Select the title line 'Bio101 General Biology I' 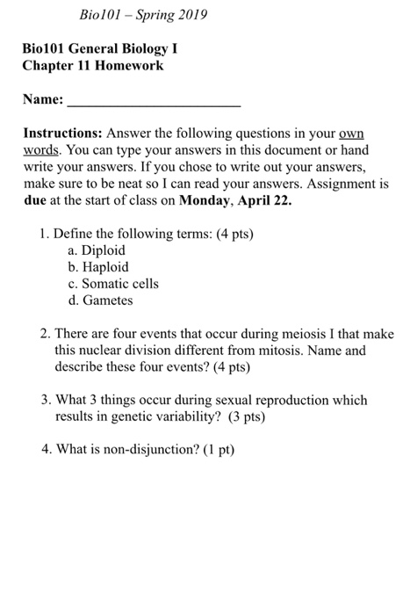[105, 48]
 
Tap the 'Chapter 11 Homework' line [93, 65]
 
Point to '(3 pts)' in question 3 [242, 416]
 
